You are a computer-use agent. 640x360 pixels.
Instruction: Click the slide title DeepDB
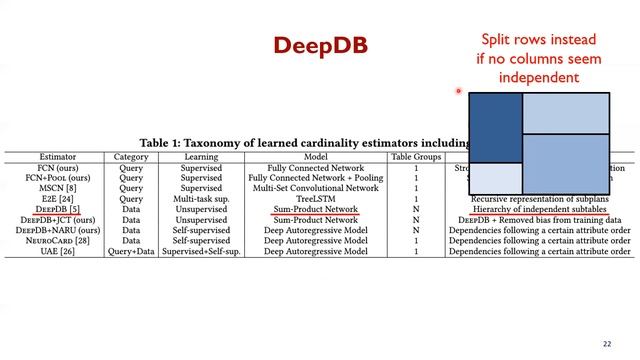[320, 46]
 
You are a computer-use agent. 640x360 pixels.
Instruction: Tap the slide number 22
[607, 344]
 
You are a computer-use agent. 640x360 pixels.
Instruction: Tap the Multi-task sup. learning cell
[201, 198]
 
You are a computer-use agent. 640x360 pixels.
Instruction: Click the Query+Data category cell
[131, 251]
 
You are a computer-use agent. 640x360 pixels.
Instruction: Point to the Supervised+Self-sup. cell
[201, 251]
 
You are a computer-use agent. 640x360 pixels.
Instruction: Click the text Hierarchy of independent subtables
[539, 209]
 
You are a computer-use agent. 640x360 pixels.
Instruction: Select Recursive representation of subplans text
[539, 198]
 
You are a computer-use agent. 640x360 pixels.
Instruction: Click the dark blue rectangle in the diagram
[495, 127]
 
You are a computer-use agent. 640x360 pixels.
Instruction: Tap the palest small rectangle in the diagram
[495, 177]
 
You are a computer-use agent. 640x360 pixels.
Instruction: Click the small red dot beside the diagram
[458, 91]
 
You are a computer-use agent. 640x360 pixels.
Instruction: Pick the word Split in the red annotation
[497, 40]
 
